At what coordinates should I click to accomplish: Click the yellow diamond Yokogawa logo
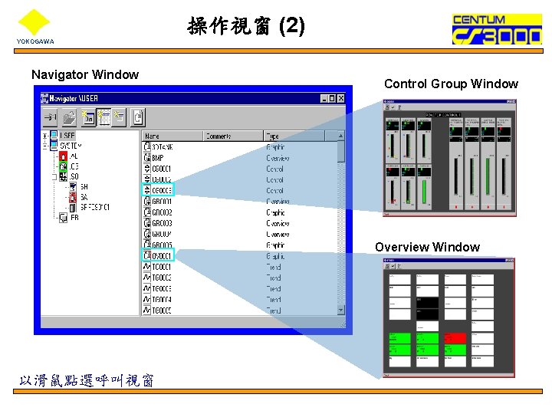pyautogui.click(x=33, y=21)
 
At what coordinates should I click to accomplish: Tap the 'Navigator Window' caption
pyautogui.click(x=85, y=74)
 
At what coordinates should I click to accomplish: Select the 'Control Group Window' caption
pyautogui.click(x=451, y=84)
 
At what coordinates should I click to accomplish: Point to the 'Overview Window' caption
pyautogui.click(x=427, y=247)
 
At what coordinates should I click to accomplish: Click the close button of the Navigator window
pyautogui.click(x=341, y=98)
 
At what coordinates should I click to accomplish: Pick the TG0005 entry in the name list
pyautogui.click(x=161, y=310)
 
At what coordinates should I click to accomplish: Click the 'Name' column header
pyautogui.click(x=172, y=136)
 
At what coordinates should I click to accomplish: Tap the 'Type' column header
pyautogui.click(x=300, y=136)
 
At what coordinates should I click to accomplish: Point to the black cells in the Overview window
pyautogui.click(x=427, y=309)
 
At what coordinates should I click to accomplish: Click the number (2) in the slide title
pyautogui.click(x=292, y=27)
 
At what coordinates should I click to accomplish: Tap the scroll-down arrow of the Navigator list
pyautogui.click(x=341, y=310)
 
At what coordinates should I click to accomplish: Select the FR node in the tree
pyautogui.click(x=74, y=218)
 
